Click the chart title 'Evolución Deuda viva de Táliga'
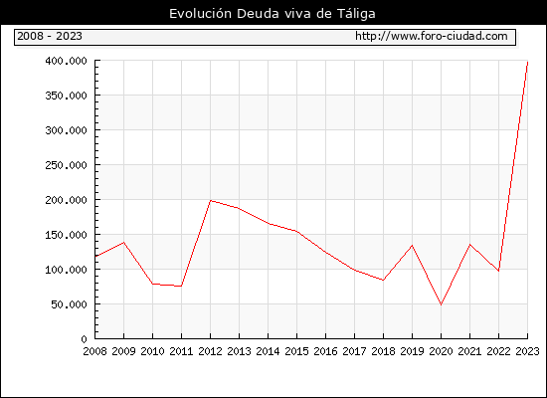click(273, 14)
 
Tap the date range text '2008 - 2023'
click(50, 36)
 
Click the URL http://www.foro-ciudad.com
click(432, 36)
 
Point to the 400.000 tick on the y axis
click(66, 61)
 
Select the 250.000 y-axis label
click(66, 165)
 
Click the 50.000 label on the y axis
click(69, 304)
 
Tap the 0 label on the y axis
click(85, 339)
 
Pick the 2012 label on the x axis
click(210, 351)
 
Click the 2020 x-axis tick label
click(441, 351)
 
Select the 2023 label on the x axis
click(527, 351)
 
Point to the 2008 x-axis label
click(94, 351)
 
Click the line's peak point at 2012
click(211, 200)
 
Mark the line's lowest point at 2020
click(441, 304)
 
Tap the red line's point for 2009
click(124, 243)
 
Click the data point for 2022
click(498, 271)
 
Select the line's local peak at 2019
click(412, 245)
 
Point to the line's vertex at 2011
click(181, 287)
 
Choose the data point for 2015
click(297, 231)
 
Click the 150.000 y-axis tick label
click(66, 235)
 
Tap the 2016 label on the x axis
click(325, 351)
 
